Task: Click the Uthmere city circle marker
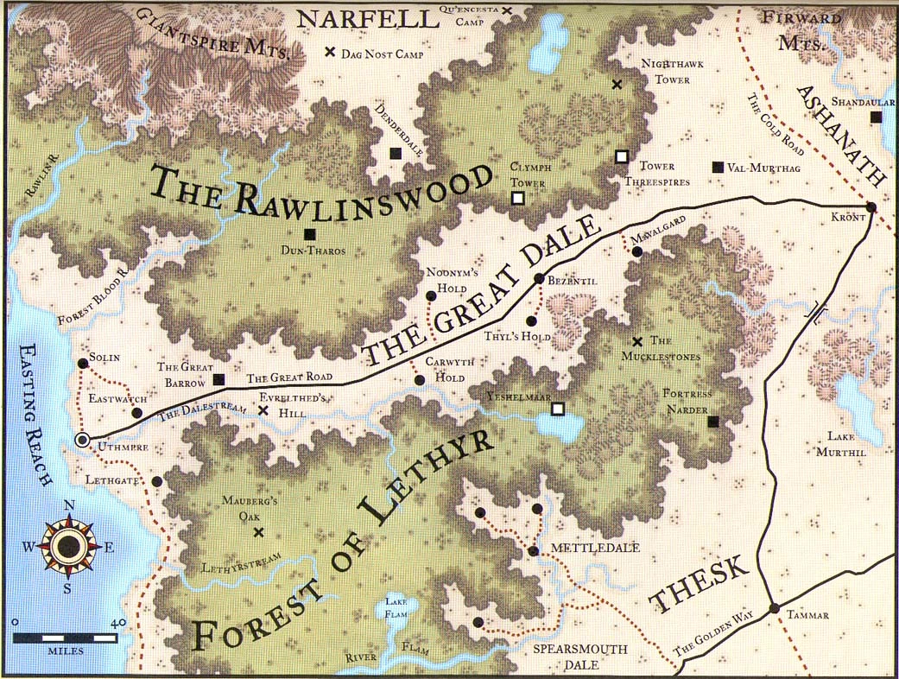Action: click(x=83, y=441)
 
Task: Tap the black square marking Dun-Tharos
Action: click(x=309, y=233)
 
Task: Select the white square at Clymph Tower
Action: click(x=517, y=199)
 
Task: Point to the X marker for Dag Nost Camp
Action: click(x=329, y=52)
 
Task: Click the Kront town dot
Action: click(x=871, y=207)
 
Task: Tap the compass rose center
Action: click(x=66, y=545)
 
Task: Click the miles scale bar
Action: click(x=66, y=638)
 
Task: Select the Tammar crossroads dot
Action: click(x=774, y=608)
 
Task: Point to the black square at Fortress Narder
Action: click(x=712, y=422)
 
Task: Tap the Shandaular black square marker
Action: click(x=876, y=117)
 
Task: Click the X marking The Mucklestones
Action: click(x=637, y=342)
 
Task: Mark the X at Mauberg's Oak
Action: click(x=257, y=532)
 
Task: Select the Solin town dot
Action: click(x=83, y=364)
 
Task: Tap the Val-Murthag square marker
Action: click(x=716, y=167)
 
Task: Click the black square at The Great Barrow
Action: click(x=218, y=379)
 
